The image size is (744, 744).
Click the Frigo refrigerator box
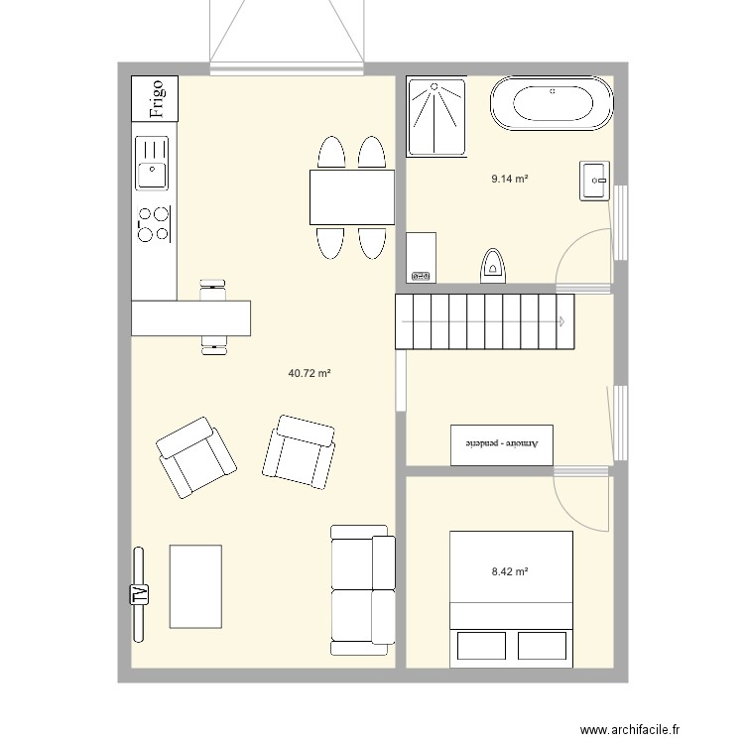(x=155, y=98)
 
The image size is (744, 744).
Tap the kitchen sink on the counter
(x=152, y=163)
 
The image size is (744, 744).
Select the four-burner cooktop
(x=154, y=224)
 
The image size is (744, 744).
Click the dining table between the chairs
(x=352, y=197)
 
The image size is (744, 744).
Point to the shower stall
(x=436, y=117)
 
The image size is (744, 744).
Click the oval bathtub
(x=552, y=103)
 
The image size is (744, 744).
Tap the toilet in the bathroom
(x=493, y=266)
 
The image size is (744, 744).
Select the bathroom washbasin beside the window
(x=594, y=181)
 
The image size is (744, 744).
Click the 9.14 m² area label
(x=510, y=179)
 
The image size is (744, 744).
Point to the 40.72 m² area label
(x=310, y=373)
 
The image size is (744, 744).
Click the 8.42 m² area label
(x=510, y=571)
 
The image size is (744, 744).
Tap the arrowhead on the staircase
(x=561, y=321)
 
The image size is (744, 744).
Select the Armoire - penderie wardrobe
(x=502, y=445)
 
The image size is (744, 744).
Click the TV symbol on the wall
(x=139, y=594)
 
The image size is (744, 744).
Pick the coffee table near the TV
(x=195, y=586)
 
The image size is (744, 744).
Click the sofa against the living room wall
(x=363, y=590)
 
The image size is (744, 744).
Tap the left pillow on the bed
(x=481, y=646)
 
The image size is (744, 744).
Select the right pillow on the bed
(x=542, y=646)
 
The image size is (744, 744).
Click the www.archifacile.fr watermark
(x=630, y=729)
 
